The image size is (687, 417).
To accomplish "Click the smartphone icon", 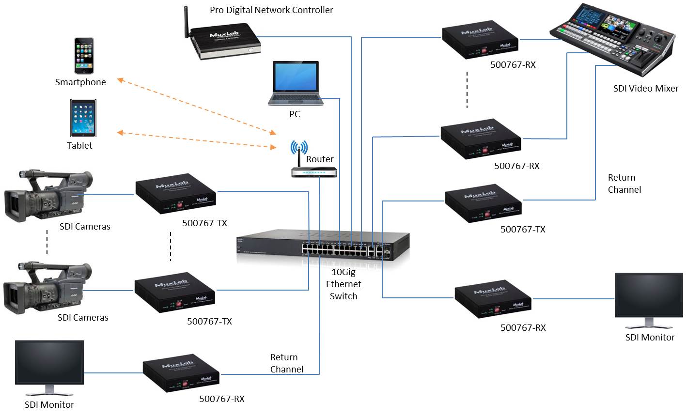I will pos(83,55).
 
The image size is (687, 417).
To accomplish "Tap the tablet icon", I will pos(83,118).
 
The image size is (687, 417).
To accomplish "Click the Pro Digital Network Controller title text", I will pos(271,10).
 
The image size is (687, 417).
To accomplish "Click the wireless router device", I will pos(314,172).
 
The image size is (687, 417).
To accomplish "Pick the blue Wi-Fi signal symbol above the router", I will pos(299,147).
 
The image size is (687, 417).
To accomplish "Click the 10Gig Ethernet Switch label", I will pos(343,284).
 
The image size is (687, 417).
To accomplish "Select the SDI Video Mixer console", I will pos(614,41).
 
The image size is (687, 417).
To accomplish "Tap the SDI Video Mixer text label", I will pos(645,88).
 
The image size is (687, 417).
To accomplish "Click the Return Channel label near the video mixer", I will pos(624,184).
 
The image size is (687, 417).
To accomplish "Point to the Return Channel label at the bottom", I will pos(286,363).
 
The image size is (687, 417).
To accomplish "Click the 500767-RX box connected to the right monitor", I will pos(492,301).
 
